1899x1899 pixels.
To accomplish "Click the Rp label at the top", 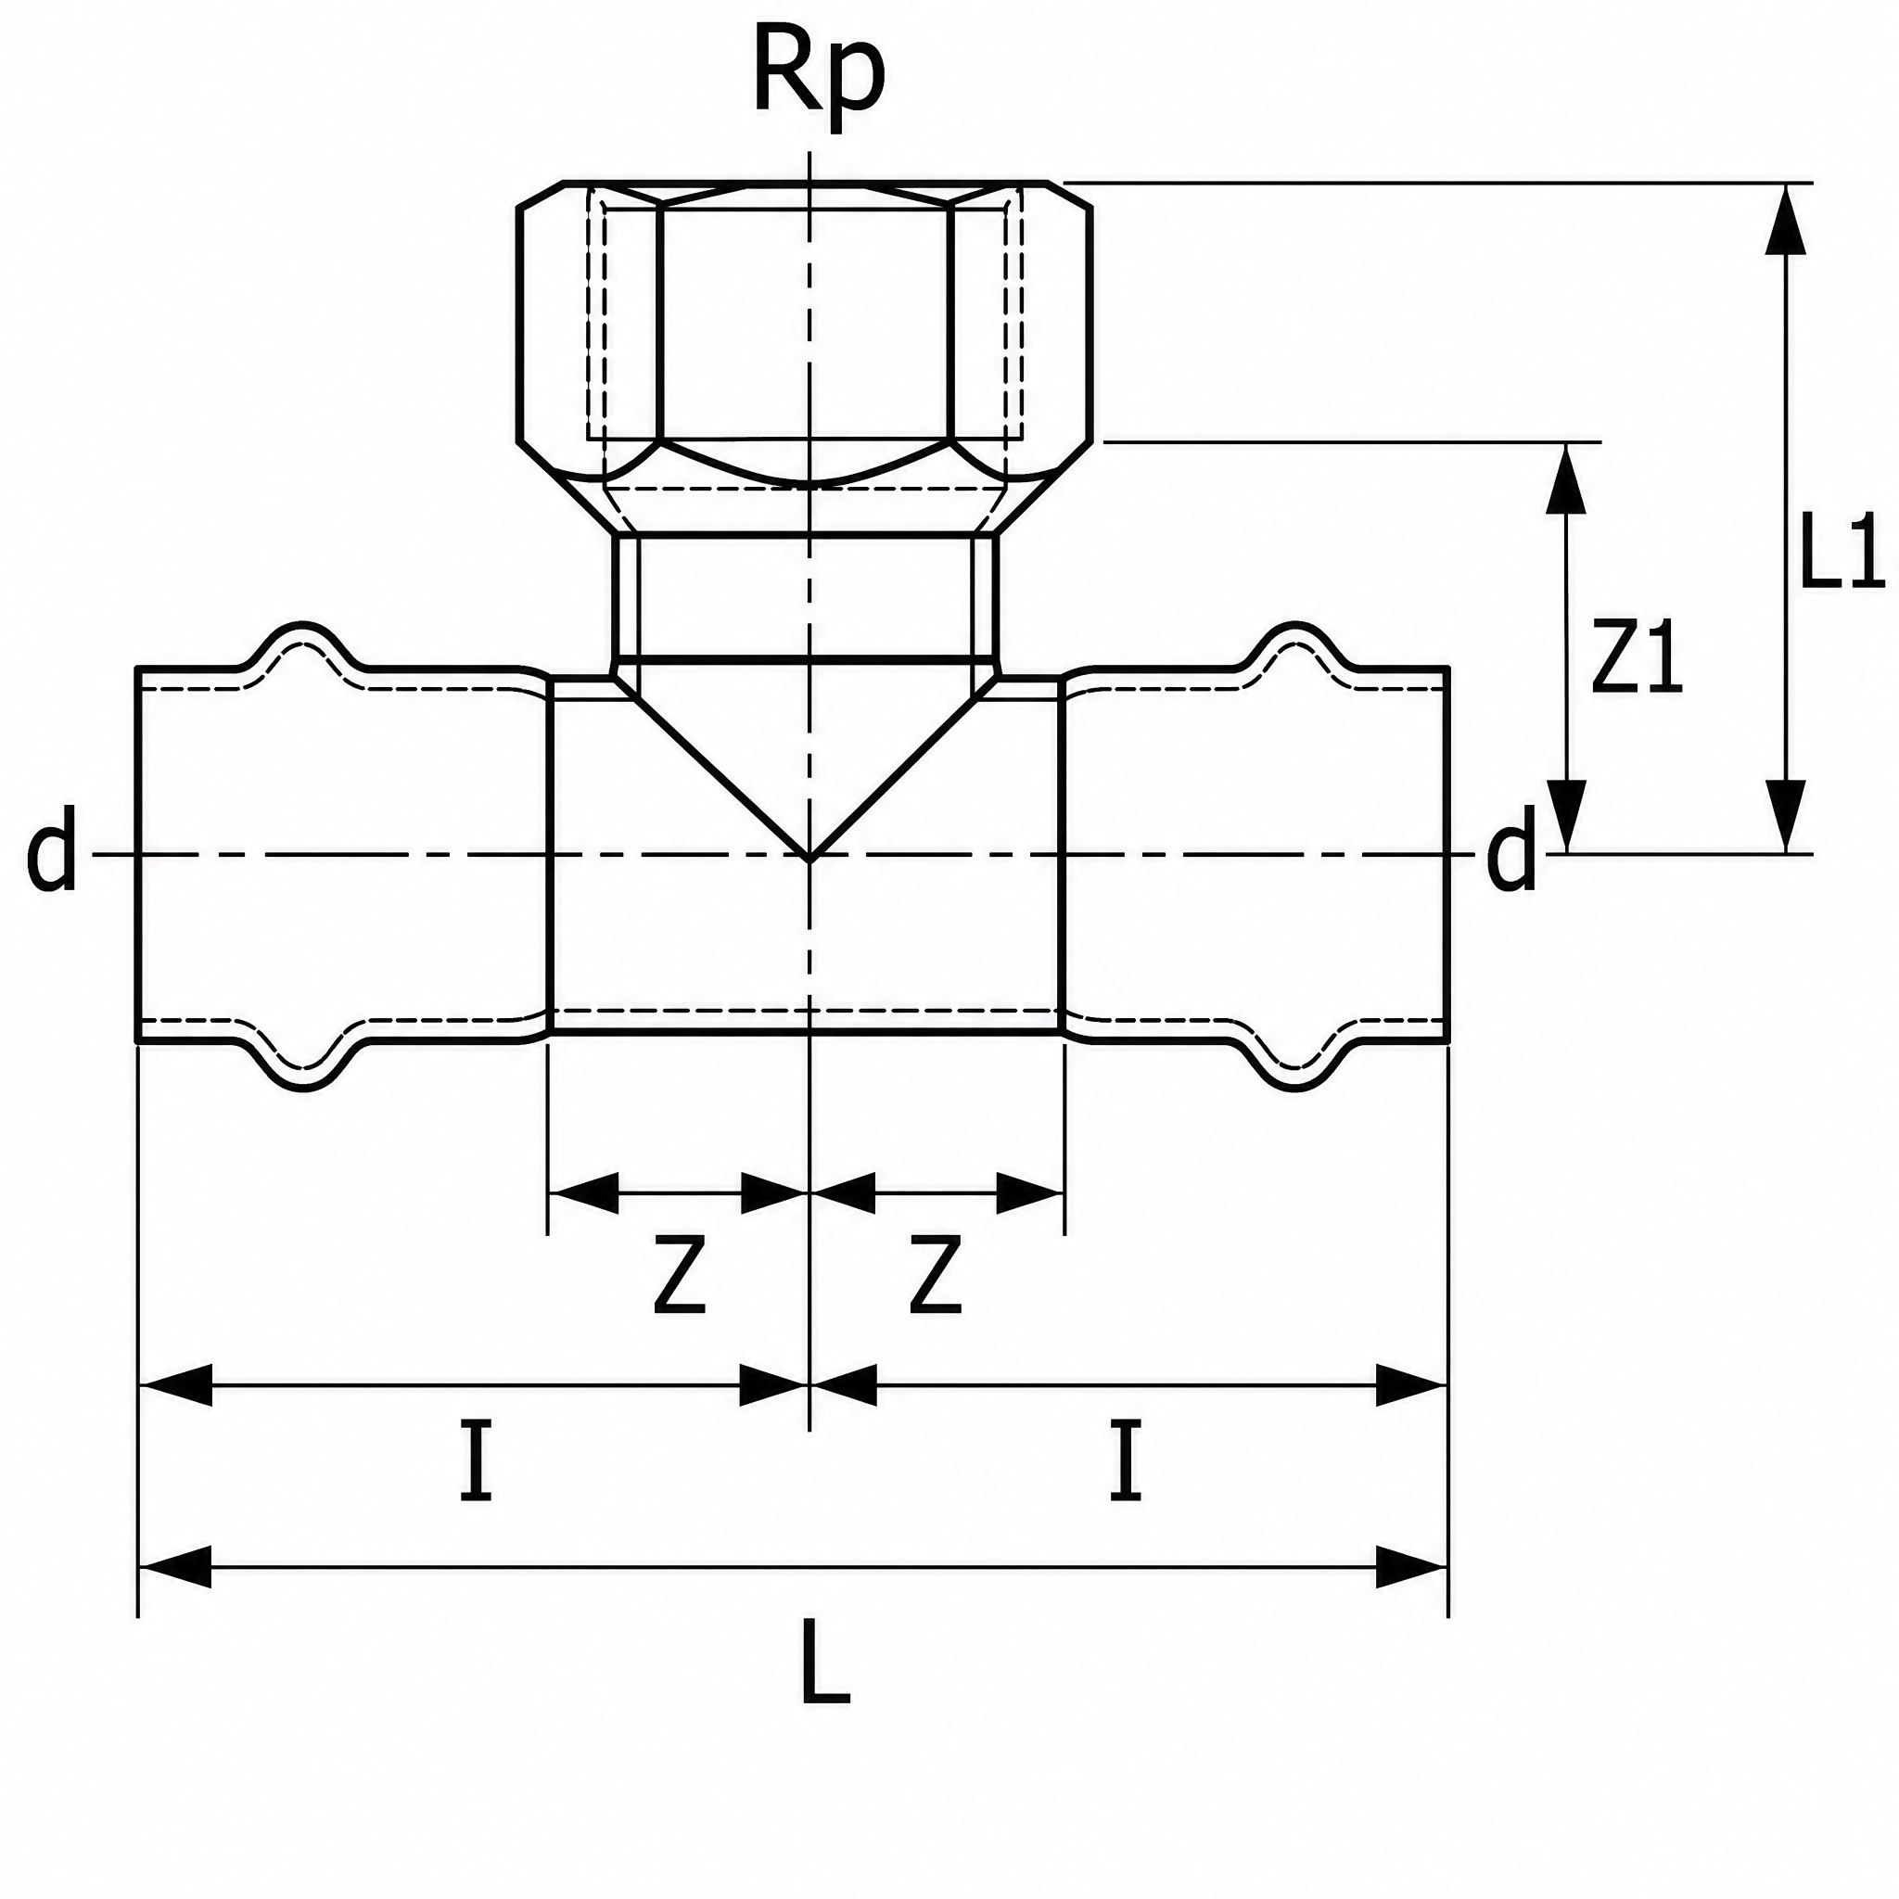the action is point(818,77).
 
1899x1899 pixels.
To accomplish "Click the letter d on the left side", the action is point(51,848).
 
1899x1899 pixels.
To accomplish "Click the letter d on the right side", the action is point(1510,848).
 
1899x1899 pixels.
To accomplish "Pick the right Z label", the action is point(935,1276).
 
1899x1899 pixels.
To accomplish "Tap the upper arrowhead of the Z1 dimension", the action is point(1567,478).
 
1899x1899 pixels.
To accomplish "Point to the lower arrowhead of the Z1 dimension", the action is point(1567,817).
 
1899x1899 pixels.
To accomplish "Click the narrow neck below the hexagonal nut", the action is point(805,596).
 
